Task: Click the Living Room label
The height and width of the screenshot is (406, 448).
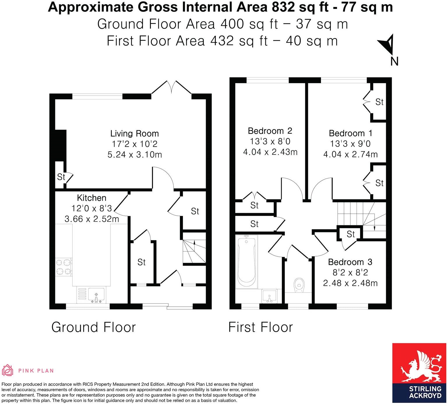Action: click(x=134, y=133)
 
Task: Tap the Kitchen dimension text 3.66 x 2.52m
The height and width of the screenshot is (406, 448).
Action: click(x=92, y=219)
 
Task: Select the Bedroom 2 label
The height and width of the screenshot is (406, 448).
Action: click(x=270, y=131)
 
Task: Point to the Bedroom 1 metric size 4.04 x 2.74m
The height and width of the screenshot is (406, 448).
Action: click(x=350, y=154)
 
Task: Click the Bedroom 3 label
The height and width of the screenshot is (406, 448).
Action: click(x=350, y=262)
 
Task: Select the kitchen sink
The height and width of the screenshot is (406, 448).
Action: click(x=96, y=295)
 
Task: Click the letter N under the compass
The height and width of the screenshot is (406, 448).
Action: click(x=394, y=61)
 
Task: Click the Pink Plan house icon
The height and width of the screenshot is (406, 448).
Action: click(x=8, y=370)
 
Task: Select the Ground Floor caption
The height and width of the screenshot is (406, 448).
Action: click(x=94, y=327)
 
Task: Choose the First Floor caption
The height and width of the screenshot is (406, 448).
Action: click(x=260, y=327)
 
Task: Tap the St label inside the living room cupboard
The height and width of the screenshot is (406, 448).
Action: click(x=61, y=177)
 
